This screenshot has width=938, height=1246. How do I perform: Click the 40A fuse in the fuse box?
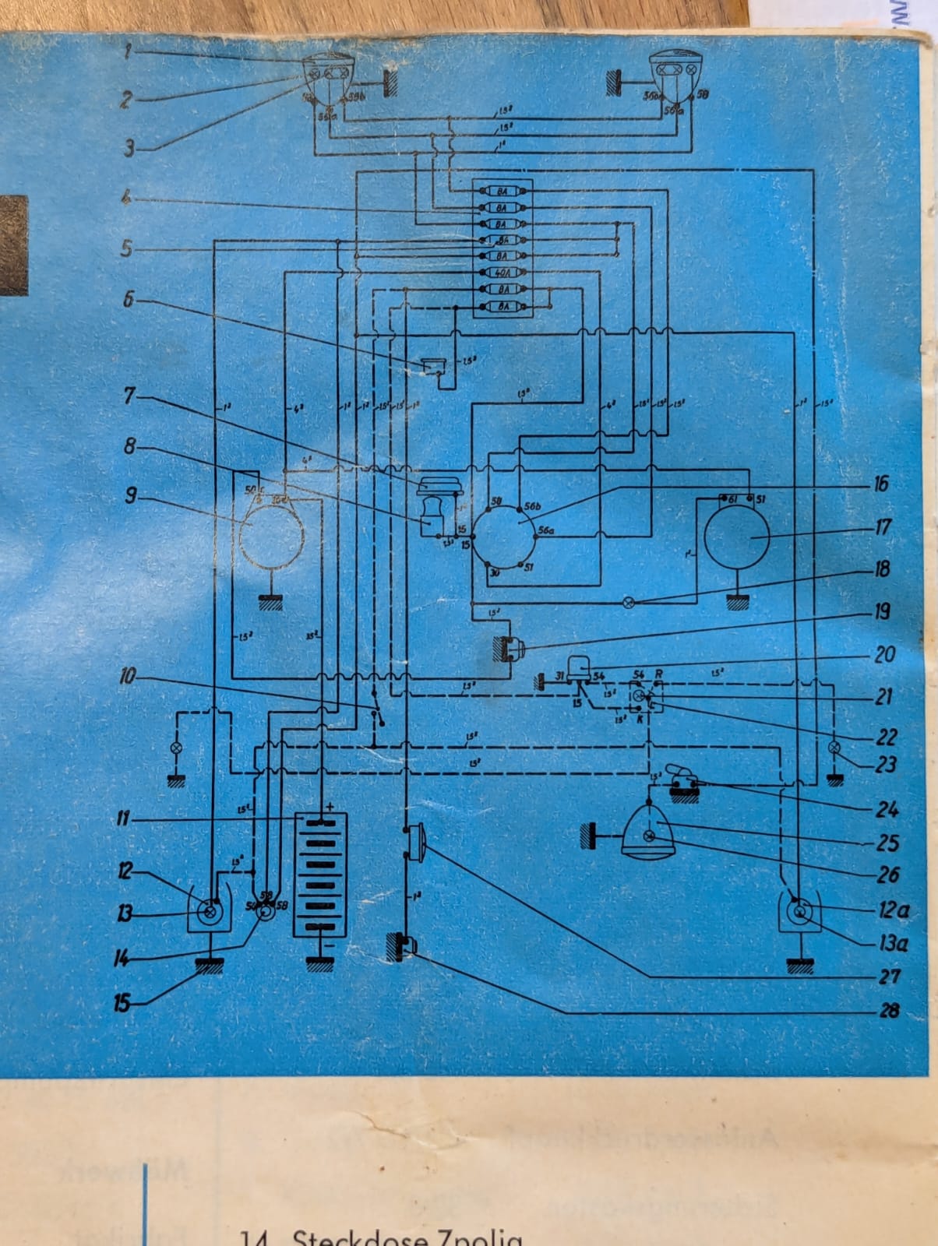point(503,273)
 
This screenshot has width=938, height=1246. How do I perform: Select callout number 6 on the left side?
point(129,299)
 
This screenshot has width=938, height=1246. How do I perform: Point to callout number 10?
point(127,676)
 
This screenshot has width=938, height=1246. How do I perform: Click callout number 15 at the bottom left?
point(122,1002)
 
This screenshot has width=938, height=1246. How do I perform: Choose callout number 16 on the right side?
point(881,484)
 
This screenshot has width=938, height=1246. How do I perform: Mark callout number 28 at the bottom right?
point(889,1011)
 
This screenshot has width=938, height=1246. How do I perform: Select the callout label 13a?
point(893,944)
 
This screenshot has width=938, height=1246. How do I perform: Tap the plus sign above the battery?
point(330,807)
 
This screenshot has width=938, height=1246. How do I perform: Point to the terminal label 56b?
point(533,505)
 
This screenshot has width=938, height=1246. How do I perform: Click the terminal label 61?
point(732,498)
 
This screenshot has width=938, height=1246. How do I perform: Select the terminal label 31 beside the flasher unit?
point(559,676)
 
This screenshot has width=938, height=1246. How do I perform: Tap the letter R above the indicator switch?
point(659,673)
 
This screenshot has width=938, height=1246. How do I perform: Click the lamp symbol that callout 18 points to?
point(630,603)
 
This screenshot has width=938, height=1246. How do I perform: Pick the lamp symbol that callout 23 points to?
point(834,748)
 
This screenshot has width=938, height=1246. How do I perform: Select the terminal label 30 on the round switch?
point(494,572)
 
